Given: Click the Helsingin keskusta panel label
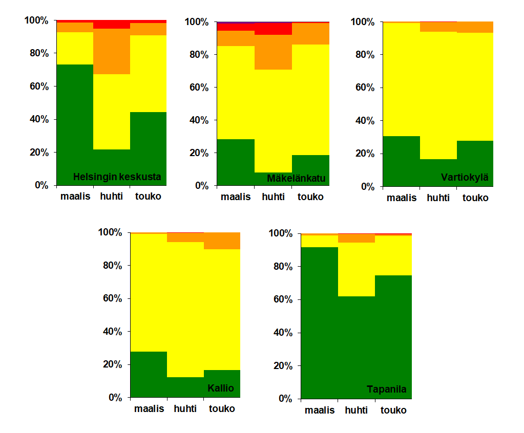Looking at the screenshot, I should click(117, 177).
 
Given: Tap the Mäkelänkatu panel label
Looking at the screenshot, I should click(297, 179).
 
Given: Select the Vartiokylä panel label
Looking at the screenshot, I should click(465, 178).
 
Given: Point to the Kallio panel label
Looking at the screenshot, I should click(221, 388).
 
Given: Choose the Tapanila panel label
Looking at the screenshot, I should click(387, 389).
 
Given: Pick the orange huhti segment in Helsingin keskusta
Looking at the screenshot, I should click(112, 51).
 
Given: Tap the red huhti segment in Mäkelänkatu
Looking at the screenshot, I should click(273, 29).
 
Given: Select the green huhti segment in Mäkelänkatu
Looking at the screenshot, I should click(273, 179).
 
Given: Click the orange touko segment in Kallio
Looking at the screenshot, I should click(222, 241).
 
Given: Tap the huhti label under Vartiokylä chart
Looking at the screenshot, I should click(438, 198).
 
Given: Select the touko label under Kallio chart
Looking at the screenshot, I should click(222, 408).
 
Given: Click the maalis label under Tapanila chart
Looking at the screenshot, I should click(320, 410).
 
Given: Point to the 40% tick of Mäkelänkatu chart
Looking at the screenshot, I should click(199, 120).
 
